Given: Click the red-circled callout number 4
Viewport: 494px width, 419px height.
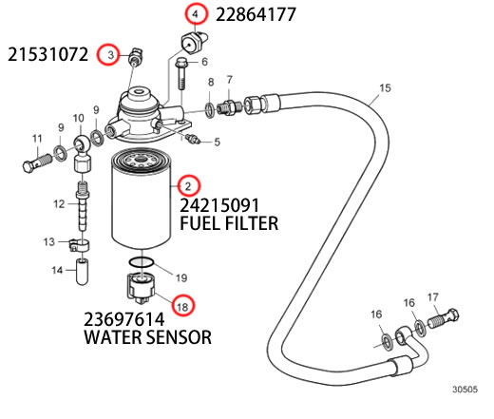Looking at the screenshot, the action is [x=196, y=14].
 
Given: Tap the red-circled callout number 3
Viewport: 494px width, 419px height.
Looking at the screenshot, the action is [x=108, y=55].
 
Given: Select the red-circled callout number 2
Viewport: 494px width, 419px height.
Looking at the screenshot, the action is [x=188, y=186].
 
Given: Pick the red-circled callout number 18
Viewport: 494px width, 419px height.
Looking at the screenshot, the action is [x=182, y=305].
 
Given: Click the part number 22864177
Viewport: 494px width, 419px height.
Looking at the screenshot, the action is [x=256, y=14].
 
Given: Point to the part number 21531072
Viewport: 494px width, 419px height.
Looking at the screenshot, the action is [x=47, y=54].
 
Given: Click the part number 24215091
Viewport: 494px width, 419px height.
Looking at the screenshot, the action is [x=219, y=205].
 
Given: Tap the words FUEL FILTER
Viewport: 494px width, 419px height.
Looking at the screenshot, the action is [x=229, y=223].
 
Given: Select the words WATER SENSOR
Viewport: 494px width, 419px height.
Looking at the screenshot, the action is [x=147, y=337].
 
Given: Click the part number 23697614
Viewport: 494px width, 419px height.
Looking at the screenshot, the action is [x=124, y=319].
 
